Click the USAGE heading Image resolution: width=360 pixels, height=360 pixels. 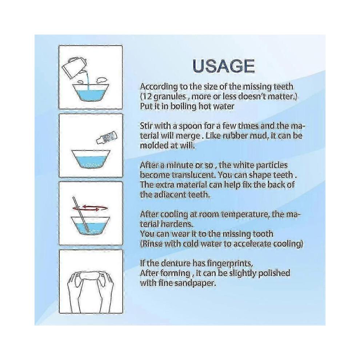tap(224, 66)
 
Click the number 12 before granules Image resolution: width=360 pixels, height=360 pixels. tap(147, 96)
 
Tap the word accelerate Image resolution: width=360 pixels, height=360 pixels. tap(252, 244)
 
